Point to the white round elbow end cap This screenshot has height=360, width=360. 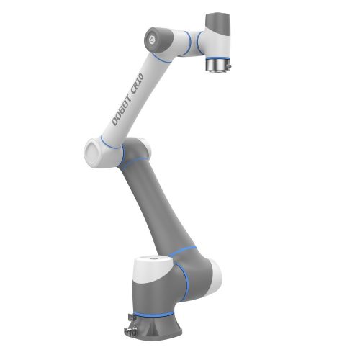(x=93, y=152)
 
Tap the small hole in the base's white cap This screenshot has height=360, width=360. (x=151, y=258)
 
